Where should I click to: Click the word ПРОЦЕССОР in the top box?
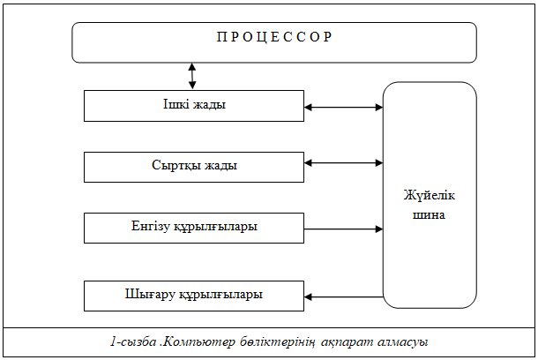tap(273, 37)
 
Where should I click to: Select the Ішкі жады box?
tap(194, 105)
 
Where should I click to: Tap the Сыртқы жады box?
tap(194, 165)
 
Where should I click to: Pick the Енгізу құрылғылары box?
tap(194, 227)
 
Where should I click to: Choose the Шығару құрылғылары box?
tap(194, 295)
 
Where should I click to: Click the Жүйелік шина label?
tap(430, 205)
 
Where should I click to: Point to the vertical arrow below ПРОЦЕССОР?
tap(192, 75)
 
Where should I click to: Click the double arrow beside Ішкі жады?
tap(344, 108)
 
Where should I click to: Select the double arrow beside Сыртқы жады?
tap(344, 162)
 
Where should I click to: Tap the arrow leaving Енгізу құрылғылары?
tap(344, 229)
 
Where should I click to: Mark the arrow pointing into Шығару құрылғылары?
tap(344, 296)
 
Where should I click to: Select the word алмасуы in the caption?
tap(405, 341)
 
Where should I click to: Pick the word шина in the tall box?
tap(430, 214)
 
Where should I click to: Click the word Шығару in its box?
tap(147, 295)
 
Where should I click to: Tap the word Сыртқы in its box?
tap(171, 165)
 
